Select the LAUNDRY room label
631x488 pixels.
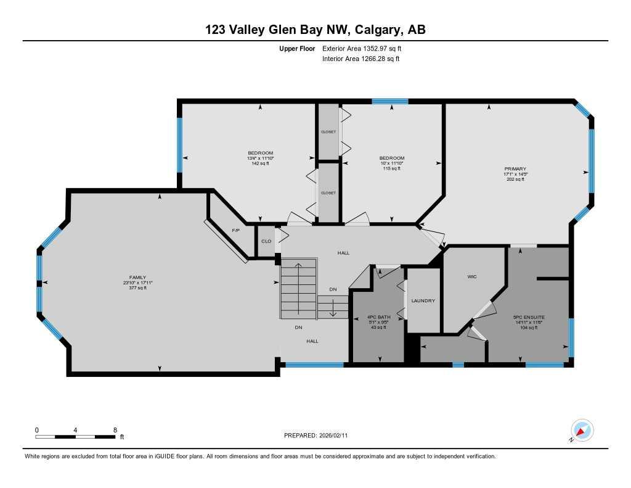(423, 300)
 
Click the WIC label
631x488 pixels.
(473, 276)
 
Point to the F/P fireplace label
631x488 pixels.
(235, 230)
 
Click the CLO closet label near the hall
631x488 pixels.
(266, 241)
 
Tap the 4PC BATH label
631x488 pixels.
(379, 316)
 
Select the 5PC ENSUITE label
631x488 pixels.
(529, 317)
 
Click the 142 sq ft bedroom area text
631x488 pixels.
(260, 163)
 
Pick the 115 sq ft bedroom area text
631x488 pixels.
(392, 168)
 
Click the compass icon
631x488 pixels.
(582, 430)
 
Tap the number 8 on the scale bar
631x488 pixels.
(115, 429)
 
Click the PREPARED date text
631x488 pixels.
(315, 436)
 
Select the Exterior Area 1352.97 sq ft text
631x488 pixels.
(364, 48)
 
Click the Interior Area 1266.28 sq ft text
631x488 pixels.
(360, 59)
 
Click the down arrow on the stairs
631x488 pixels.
(333, 307)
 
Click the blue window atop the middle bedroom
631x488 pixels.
(389, 101)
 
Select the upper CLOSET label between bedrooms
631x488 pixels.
(328, 132)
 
